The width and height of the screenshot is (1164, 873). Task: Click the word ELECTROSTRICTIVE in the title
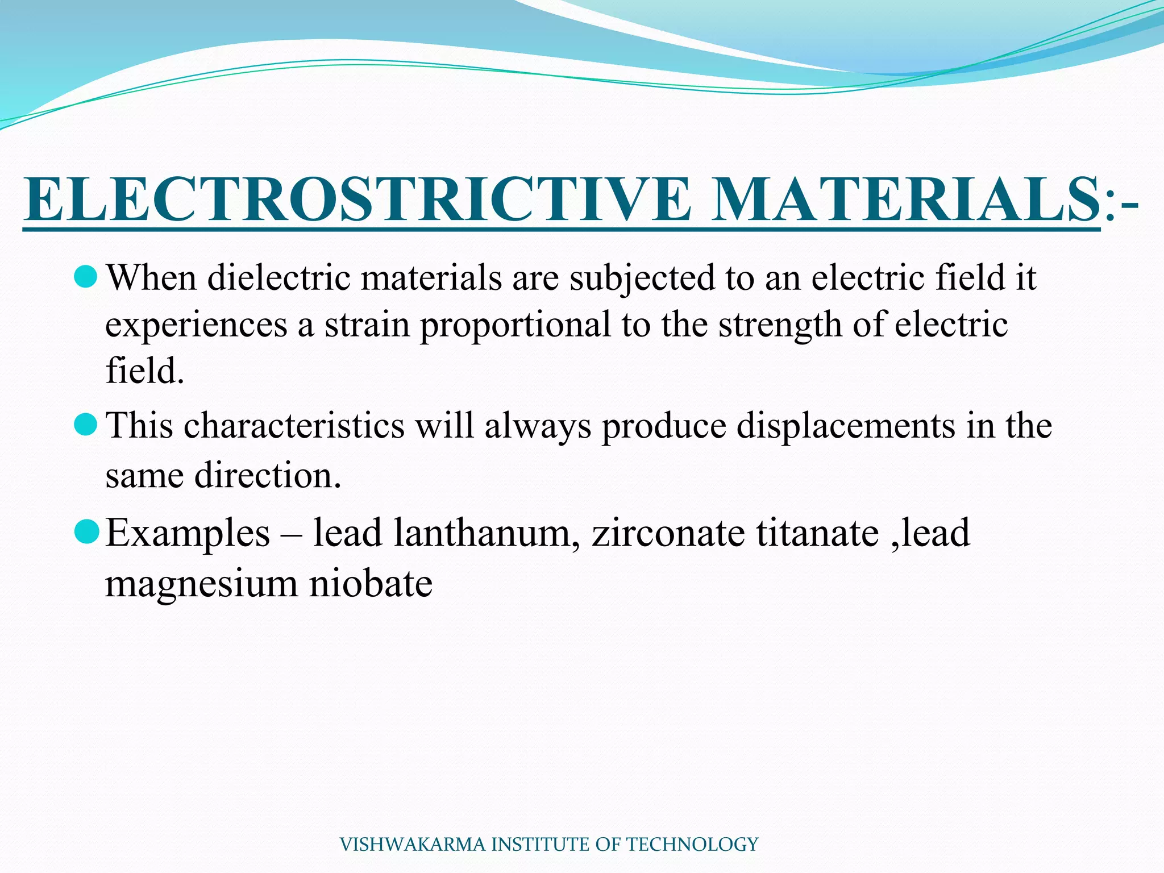tap(357, 199)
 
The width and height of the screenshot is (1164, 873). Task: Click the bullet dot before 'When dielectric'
tap(86, 277)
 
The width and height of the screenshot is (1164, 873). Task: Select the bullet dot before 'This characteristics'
tap(86, 425)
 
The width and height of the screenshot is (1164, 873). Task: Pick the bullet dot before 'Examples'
tap(86, 532)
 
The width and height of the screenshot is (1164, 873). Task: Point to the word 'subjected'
tap(642, 279)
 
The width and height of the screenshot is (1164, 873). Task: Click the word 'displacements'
tap(846, 426)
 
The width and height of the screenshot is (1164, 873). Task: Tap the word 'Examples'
tap(188, 534)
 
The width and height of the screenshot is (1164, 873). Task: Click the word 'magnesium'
tap(201, 584)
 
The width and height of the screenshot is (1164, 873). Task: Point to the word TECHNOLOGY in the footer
tap(693, 845)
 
